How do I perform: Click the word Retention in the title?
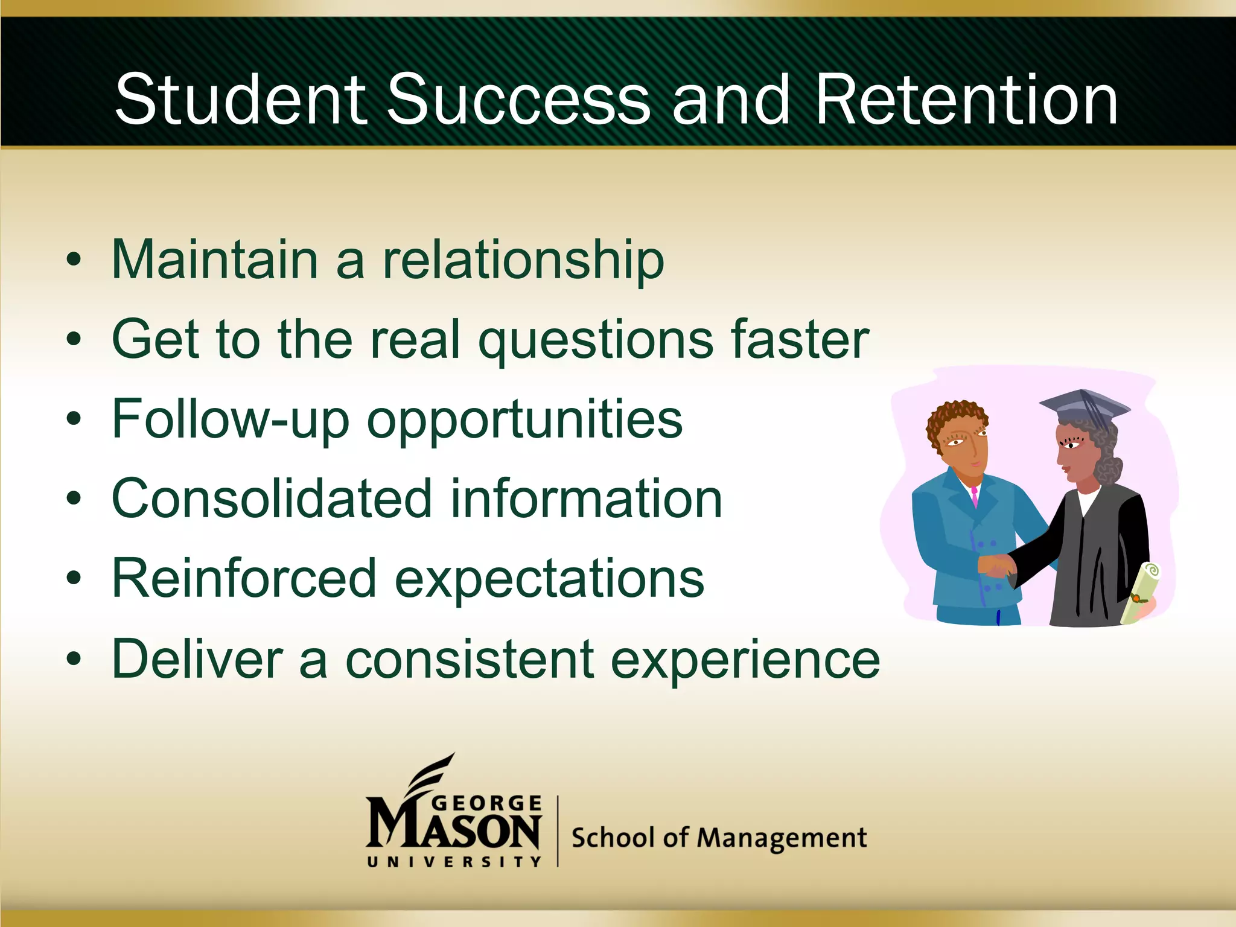pos(966,100)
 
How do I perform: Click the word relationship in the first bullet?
pos(523,261)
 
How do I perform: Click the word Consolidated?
pos(272,499)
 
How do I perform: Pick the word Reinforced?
pos(244,579)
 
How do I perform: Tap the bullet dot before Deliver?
pos(74,659)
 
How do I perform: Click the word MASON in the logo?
pos(453,832)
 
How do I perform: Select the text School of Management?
pos(718,838)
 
